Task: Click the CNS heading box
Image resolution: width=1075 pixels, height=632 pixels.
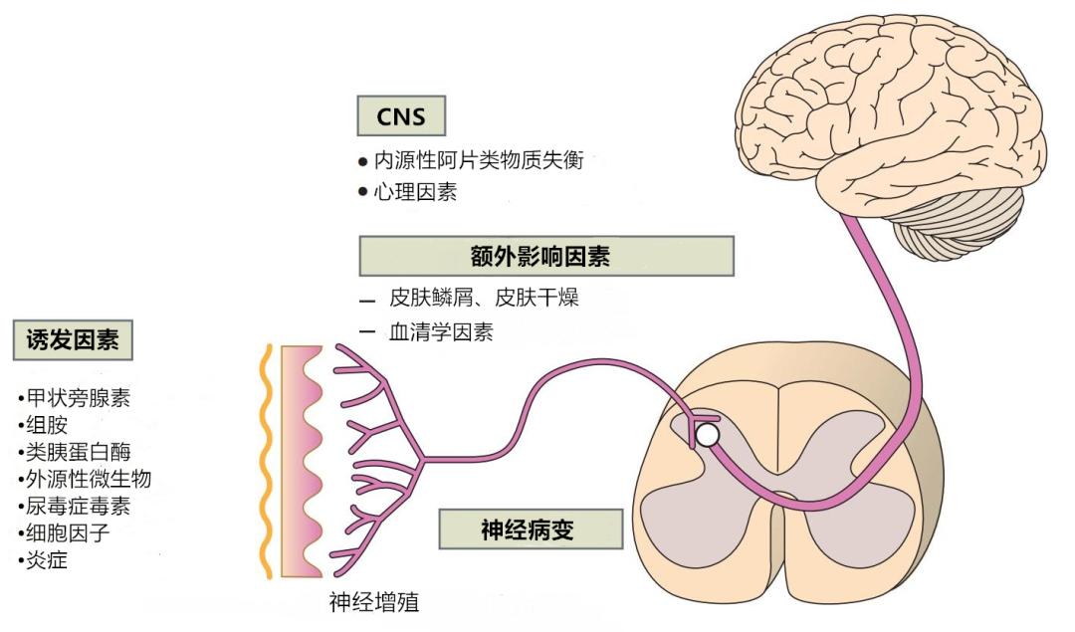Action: [x=401, y=116]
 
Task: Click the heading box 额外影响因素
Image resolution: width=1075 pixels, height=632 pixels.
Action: [x=545, y=256]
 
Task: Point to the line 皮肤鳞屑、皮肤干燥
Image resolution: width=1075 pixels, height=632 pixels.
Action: [x=483, y=298]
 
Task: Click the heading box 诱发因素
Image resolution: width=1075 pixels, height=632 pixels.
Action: [x=73, y=340]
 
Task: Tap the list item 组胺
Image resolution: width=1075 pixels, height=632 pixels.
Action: [x=46, y=425]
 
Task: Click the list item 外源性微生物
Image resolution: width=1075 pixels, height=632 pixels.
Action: [x=89, y=479]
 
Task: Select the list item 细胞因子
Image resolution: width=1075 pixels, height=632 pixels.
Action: [x=67, y=532]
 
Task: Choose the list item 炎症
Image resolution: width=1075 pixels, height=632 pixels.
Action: [x=46, y=559]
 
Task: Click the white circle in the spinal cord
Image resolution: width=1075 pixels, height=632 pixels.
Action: [x=706, y=435]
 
